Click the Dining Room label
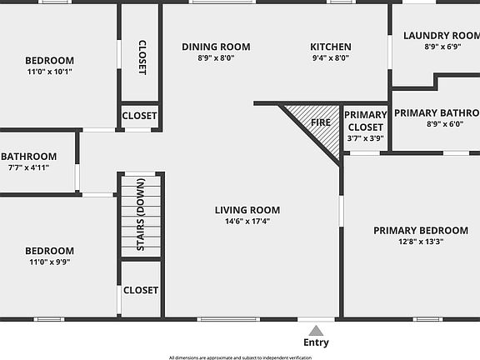click(x=216, y=47)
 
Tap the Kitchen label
click(x=331, y=47)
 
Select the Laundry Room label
click(x=441, y=35)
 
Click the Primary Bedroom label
click(x=420, y=231)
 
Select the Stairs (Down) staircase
click(x=140, y=215)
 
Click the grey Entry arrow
click(x=316, y=331)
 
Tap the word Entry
click(x=316, y=342)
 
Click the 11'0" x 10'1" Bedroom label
click(x=49, y=60)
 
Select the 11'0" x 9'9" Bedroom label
click(x=49, y=251)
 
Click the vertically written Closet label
click(x=141, y=57)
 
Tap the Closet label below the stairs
click(x=140, y=291)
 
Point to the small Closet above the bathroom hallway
click(x=140, y=117)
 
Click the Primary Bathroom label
click(x=436, y=113)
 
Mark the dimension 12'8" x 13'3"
click(x=420, y=242)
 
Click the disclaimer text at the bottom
click(x=240, y=357)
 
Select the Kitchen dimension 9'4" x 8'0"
click(x=330, y=58)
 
